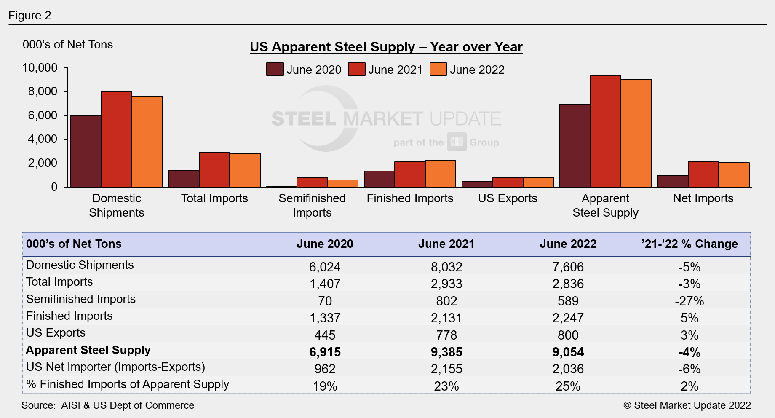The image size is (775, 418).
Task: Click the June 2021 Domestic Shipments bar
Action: [x=117, y=139]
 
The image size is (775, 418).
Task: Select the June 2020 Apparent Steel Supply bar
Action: [x=575, y=146]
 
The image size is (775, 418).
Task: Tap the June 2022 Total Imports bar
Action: [x=245, y=170]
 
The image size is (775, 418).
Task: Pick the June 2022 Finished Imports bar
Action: [x=441, y=174]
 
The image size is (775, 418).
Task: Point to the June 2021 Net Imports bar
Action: [x=703, y=174]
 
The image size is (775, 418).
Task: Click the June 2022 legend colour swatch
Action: [x=438, y=70]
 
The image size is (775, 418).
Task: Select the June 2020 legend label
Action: [x=314, y=70]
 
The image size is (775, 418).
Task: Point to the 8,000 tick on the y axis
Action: [x=43, y=91]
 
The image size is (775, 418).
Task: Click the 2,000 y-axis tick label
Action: [x=43, y=163]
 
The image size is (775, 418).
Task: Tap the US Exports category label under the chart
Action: [x=508, y=198]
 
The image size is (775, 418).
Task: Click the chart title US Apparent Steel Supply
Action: [x=386, y=47]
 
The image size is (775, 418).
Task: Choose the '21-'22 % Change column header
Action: [x=689, y=244]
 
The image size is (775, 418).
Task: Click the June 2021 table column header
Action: [x=446, y=244]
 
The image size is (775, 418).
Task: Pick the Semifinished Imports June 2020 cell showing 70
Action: [x=325, y=301]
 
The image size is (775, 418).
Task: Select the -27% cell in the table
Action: [x=689, y=301]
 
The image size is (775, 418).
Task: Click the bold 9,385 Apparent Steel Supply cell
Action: [x=446, y=352]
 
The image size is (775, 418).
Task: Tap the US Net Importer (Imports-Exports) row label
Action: [x=115, y=367]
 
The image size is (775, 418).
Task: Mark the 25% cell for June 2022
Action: [x=568, y=386]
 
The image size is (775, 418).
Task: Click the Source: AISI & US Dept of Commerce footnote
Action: [x=108, y=405]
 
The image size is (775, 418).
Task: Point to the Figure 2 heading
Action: [x=30, y=16]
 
